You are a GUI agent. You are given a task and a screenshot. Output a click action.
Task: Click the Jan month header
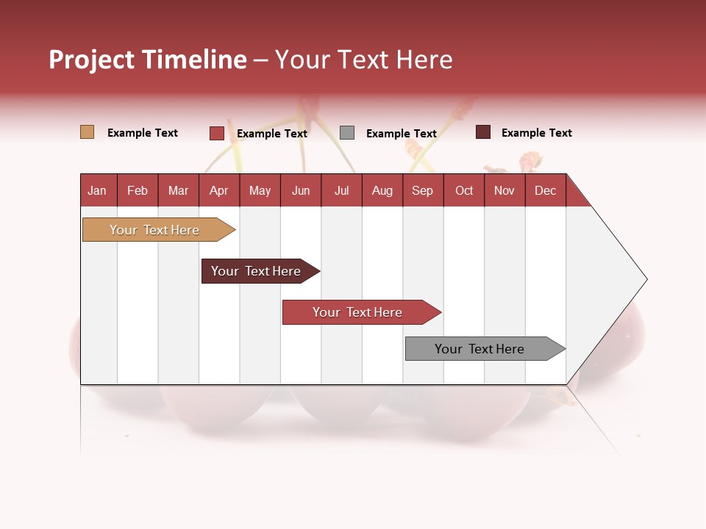(x=98, y=190)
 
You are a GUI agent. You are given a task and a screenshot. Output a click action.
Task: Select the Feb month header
(x=138, y=190)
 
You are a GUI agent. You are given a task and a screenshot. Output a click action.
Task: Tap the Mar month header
(x=178, y=190)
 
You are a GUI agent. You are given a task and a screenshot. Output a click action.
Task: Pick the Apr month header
(x=219, y=190)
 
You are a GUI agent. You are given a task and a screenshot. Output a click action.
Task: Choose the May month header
(x=260, y=190)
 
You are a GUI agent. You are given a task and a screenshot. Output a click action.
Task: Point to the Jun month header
(x=301, y=190)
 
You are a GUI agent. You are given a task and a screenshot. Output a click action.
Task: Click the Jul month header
(x=341, y=190)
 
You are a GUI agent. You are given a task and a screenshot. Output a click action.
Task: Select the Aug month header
(x=382, y=190)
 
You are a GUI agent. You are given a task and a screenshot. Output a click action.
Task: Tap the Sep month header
(x=423, y=190)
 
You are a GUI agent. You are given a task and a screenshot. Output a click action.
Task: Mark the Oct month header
(x=464, y=190)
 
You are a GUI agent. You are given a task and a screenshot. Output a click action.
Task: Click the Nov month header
(x=504, y=190)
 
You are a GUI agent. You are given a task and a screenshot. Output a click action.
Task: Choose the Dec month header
(x=545, y=190)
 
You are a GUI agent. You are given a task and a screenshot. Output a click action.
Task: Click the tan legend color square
(x=87, y=132)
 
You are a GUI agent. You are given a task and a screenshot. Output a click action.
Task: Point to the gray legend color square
(x=347, y=133)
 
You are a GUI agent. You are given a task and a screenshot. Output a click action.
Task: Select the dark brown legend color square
(x=483, y=132)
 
